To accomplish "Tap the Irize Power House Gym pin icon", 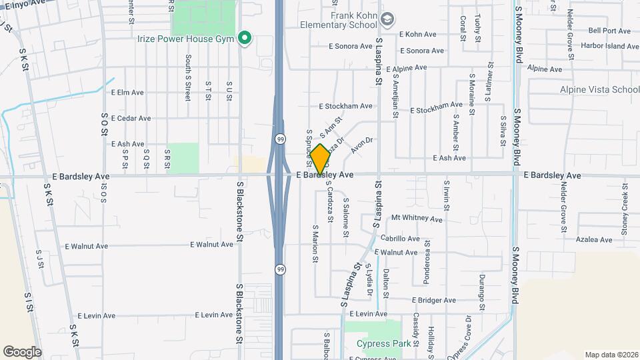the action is pyautogui.click(x=245, y=37).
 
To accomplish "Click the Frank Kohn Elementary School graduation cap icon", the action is pyautogui.click(x=387, y=19).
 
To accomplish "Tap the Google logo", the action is pyautogui.click(x=22, y=351).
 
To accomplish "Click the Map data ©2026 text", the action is pyautogui.click(x=611, y=355).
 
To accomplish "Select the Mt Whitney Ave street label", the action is pyautogui.click(x=417, y=218).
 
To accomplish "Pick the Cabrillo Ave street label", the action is pyautogui.click(x=400, y=239).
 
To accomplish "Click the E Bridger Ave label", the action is pyautogui.click(x=433, y=301).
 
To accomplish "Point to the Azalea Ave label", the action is pyautogui.click(x=596, y=239).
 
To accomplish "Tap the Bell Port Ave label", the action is pyautogui.click(x=609, y=31).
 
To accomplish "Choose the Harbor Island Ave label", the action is pyautogui.click(x=609, y=47).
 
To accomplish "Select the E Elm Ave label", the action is pyautogui.click(x=127, y=93).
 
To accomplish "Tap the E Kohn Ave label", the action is pyautogui.click(x=417, y=34).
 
